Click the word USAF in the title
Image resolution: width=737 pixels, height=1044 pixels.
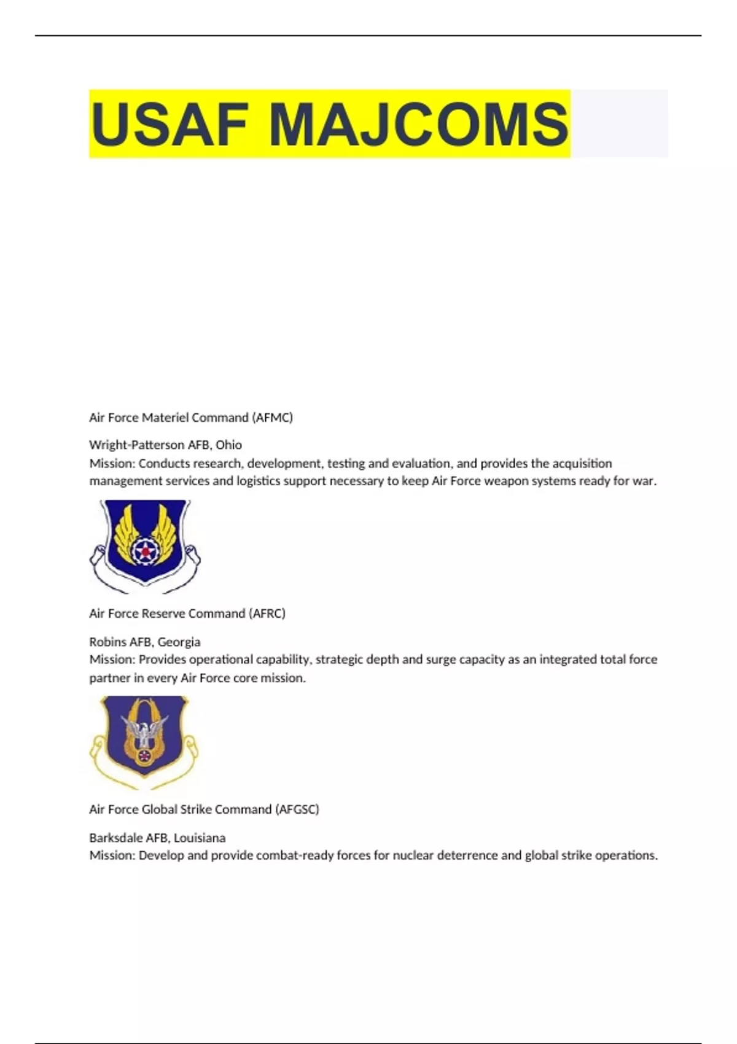coord(169,124)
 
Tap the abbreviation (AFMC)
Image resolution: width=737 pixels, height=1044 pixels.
coord(272,418)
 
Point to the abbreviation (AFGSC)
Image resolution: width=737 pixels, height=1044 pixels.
coord(298,809)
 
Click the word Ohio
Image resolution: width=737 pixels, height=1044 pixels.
coord(228,445)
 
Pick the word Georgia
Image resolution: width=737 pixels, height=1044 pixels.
coord(179,642)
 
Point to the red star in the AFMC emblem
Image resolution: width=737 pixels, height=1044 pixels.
coord(145,552)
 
